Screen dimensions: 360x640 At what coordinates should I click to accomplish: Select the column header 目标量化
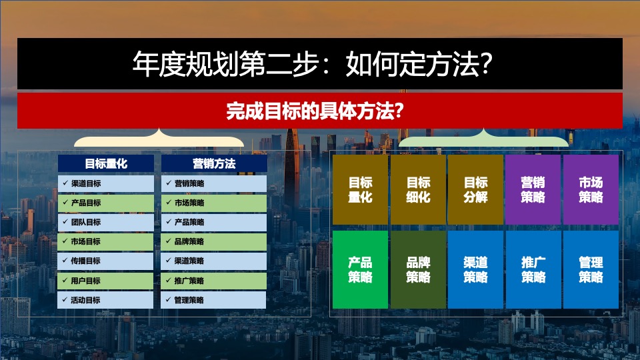[x=105, y=163]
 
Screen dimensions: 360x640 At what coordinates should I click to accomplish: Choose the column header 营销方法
[x=214, y=163]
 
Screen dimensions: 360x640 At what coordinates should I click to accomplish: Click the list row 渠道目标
[x=105, y=183]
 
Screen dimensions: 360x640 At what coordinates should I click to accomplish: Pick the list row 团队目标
[x=105, y=222]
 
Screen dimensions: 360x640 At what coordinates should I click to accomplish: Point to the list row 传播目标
[x=105, y=261]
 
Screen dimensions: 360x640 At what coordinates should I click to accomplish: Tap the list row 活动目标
[x=105, y=300]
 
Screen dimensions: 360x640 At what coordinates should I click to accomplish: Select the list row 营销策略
[x=214, y=183]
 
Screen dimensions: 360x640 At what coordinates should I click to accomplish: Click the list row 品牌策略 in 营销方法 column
[x=214, y=241]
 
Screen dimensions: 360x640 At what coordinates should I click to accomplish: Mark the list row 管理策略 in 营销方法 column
[x=214, y=300]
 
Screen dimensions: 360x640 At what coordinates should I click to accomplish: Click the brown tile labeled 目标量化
[x=360, y=189]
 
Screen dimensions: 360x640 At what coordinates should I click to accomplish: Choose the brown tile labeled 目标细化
[x=418, y=189]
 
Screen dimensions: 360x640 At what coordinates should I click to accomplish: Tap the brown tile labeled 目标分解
[x=475, y=189]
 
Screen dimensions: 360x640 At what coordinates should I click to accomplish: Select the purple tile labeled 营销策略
[x=533, y=189]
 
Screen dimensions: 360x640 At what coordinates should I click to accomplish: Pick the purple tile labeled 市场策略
[x=591, y=189]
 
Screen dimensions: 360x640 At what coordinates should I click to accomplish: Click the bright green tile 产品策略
[x=360, y=269]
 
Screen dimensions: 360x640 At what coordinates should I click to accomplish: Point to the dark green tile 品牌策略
[x=418, y=269]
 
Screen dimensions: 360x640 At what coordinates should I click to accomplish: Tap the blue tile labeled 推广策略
[x=533, y=269]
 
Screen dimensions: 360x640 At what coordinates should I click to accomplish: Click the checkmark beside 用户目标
[x=65, y=280]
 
